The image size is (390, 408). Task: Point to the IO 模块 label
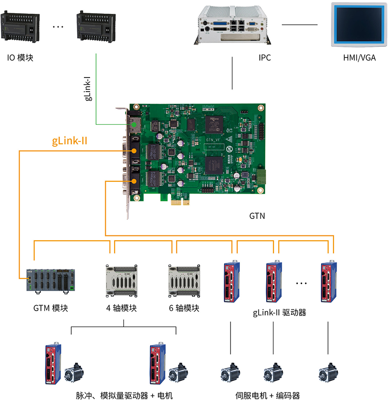[x=20, y=58]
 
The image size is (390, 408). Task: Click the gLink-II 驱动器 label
[x=279, y=312]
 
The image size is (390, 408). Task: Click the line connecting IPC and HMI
[x=299, y=24]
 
